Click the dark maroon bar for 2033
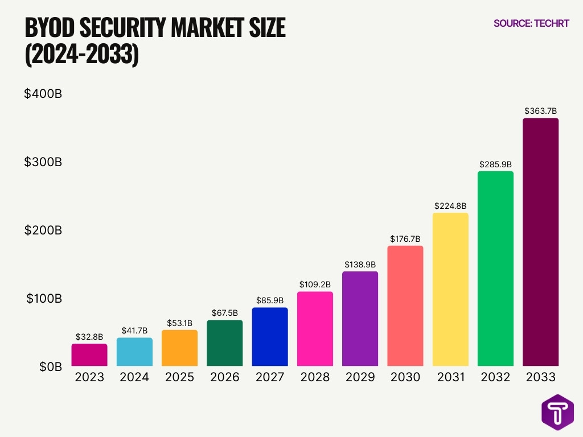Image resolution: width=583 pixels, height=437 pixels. (x=540, y=242)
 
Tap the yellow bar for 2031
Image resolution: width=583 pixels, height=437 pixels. (x=450, y=289)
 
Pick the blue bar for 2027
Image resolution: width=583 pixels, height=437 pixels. (x=270, y=336)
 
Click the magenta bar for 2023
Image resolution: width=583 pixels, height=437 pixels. (x=89, y=354)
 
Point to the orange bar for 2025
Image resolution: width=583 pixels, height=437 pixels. (x=179, y=348)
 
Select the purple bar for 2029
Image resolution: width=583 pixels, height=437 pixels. (x=360, y=318)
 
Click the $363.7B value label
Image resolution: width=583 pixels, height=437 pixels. (x=540, y=111)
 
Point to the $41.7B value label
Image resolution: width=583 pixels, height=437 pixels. (x=134, y=331)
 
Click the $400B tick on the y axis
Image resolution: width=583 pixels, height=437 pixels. (x=43, y=94)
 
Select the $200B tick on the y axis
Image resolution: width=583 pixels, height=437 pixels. (x=43, y=230)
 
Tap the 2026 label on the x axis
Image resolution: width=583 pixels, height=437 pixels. (x=224, y=377)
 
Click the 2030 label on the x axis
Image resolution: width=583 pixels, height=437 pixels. (x=405, y=377)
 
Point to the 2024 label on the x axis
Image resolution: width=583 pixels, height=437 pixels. (x=134, y=377)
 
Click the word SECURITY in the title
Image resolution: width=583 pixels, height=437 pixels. (x=126, y=28)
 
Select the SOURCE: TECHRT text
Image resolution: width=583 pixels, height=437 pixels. (x=531, y=23)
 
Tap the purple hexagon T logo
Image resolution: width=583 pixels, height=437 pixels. (x=557, y=411)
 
